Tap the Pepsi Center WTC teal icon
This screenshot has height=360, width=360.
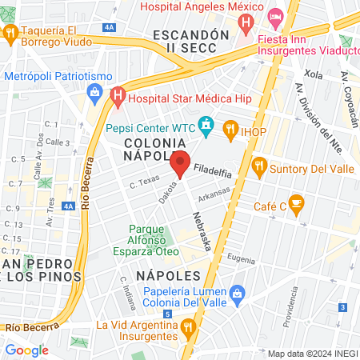point(207,125)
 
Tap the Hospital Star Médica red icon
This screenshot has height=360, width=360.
point(118,97)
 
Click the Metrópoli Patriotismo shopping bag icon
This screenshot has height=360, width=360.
point(94,90)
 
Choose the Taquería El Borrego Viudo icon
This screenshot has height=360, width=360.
point(10,33)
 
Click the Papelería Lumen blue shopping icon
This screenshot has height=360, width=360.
point(236,295)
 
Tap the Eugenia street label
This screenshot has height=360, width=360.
point(241,258)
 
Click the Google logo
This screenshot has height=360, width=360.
point(26,350)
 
